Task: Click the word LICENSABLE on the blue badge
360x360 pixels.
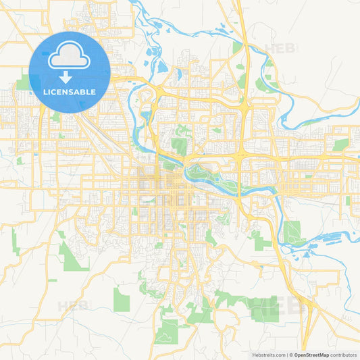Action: (70, 91)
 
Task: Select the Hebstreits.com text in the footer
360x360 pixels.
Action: (268, 355)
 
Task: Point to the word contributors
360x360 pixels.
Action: (344, 355)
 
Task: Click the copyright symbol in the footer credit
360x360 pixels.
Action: (291, 355)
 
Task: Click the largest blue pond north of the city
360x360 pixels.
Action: (162, 66)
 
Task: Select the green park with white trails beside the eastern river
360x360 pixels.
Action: (292, 232)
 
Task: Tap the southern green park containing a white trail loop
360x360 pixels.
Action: (167, 331)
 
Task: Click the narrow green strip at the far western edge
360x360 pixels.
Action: (15, 241)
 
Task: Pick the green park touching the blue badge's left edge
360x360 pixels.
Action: (24, 82)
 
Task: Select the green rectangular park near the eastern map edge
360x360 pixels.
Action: (341, 145)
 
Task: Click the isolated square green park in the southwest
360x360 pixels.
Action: (121, 299)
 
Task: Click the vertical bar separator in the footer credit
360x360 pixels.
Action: (287, 355)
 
